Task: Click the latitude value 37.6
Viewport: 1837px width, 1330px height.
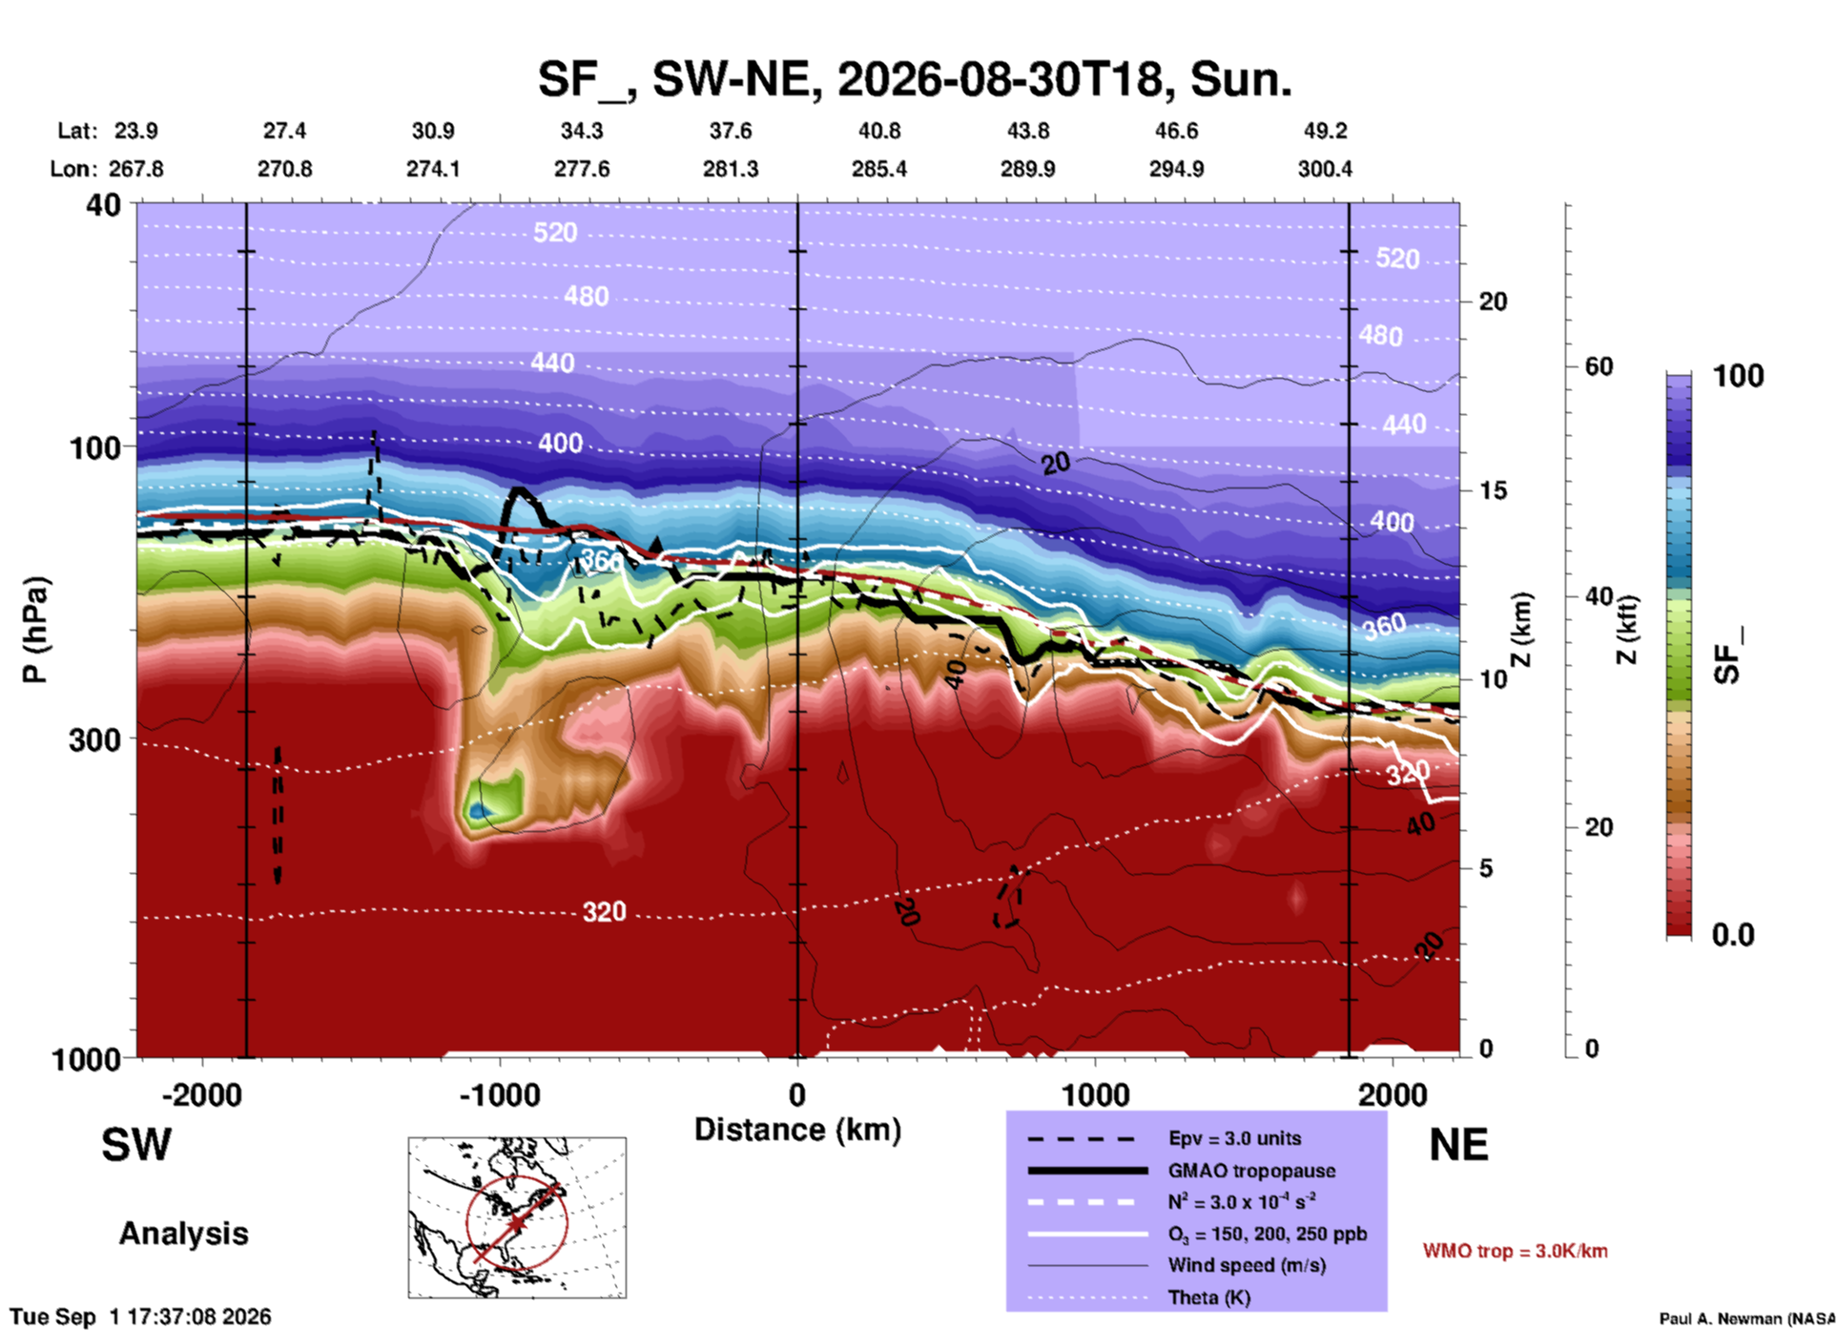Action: tap(731, 131)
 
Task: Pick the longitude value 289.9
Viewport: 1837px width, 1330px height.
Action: tap(1027, 169)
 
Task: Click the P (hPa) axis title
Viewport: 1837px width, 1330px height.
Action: tap(35, 630)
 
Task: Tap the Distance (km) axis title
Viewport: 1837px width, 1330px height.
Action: tap(797, 1130)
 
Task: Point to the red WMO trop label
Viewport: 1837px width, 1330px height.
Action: tap(1515, 1251)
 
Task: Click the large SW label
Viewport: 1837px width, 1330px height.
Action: tap(136, 1145)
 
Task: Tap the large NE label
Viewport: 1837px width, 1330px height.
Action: tap(1458, 1145)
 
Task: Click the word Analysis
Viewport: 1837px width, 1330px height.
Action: tap(183, 1234)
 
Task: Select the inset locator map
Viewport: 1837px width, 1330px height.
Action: tap(517, 1217)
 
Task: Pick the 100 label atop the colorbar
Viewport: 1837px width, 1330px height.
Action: tap(1738, 376)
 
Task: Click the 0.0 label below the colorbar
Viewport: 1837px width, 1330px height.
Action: tap(1732, 935)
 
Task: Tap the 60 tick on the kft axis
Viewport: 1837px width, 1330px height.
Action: tap(1599, 366)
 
